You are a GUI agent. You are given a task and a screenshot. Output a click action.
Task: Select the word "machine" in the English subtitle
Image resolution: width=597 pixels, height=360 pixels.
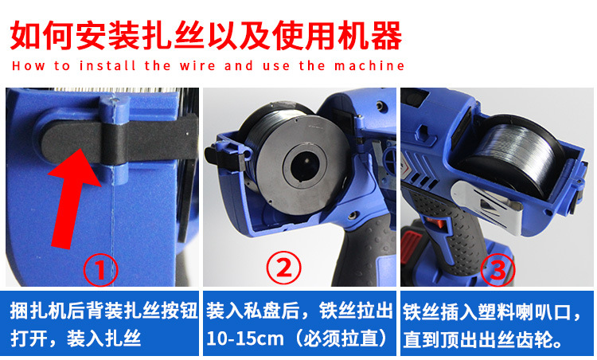point(366,65)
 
